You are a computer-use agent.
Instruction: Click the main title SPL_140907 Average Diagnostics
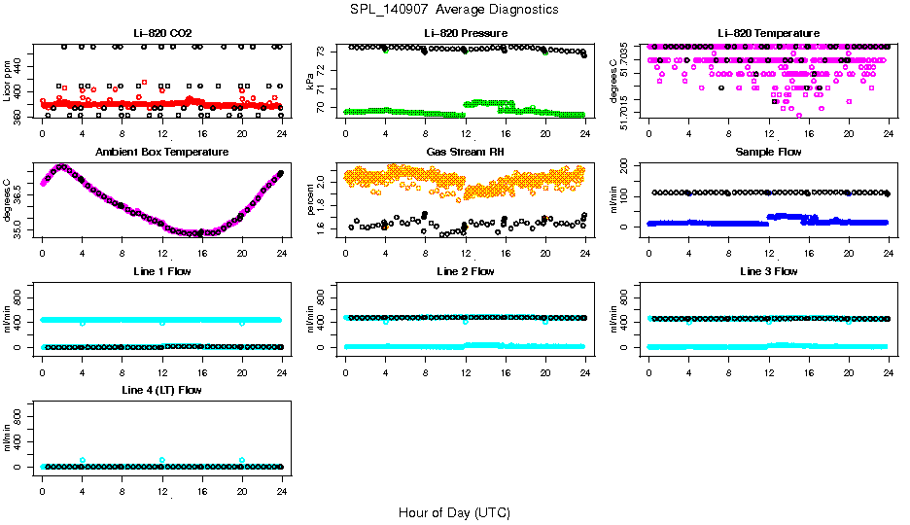(455, 9)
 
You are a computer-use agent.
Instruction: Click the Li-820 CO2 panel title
(162, 34)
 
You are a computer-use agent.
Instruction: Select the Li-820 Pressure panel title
(465, 34)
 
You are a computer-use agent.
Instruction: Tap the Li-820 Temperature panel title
(768, 34)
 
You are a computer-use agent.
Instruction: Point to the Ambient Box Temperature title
(162, 153)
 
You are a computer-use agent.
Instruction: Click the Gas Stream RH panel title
(465, 153)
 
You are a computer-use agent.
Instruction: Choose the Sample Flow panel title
(768, 153)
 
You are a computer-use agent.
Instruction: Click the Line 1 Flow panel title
(162, 271)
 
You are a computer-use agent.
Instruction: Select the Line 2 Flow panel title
(465, 271)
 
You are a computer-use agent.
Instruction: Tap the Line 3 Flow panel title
(768, 271)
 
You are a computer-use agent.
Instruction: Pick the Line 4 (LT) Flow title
(162, 390)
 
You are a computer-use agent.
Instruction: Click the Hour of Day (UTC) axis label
(454, 512)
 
